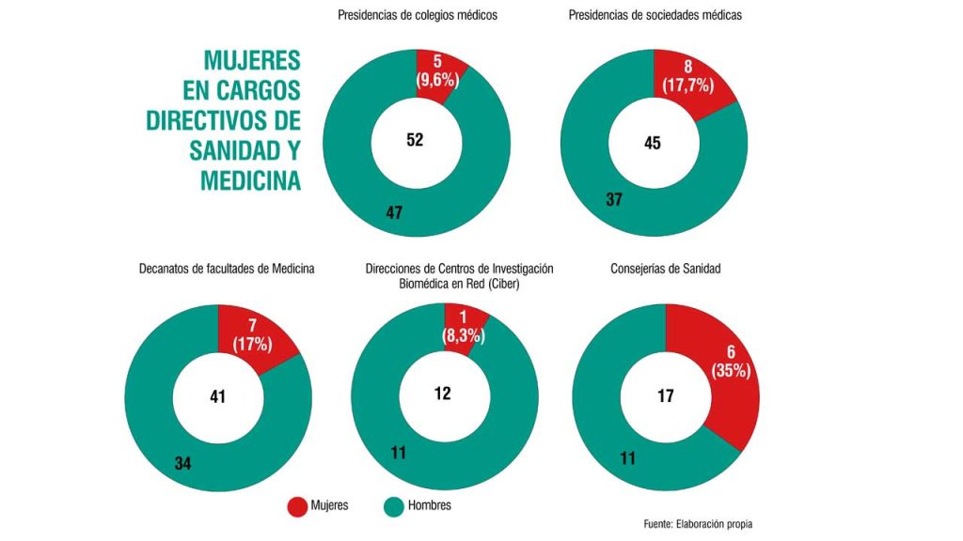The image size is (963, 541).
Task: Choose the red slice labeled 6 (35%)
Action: (x=729, y=361)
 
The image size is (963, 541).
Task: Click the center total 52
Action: (x=416, y=140)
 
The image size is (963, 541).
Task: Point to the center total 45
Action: (x=653, y=143)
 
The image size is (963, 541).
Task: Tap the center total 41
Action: (x=217, y=396)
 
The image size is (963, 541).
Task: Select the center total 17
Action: (x=665, y=395)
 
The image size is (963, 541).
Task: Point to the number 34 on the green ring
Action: (x=183, y=462)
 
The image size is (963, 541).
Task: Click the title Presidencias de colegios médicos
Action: (x=418, y=16)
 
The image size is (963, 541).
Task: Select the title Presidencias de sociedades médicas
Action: (x=655, y=16)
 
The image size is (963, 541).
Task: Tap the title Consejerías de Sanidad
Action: (x=666, y=269)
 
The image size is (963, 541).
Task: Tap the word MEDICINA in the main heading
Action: (x=250, y=180)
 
